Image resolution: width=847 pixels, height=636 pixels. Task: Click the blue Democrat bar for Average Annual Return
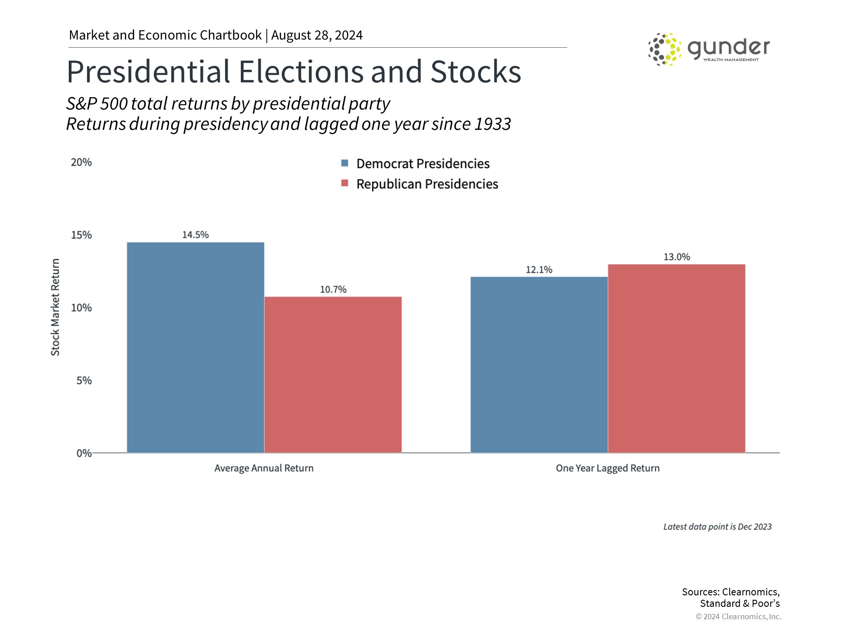point(195,347)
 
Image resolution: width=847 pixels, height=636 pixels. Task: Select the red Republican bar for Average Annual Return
point(333,375)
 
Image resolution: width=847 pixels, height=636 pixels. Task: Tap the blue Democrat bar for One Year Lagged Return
point(539,364)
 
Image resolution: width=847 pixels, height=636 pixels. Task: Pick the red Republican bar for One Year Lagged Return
point(676,358)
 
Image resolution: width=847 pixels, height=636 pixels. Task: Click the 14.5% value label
point(195,235)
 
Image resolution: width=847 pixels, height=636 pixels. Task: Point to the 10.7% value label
point(333,289)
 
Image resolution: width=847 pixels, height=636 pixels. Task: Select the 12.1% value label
point(539,269)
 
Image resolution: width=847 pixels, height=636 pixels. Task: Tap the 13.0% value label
point(677,257)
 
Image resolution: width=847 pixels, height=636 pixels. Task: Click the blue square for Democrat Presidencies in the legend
point(345,163)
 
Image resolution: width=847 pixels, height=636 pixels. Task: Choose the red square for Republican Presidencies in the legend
point(345,183)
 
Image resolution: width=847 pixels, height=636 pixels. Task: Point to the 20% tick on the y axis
point(81,162)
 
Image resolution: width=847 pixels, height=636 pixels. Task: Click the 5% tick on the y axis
point(84,380)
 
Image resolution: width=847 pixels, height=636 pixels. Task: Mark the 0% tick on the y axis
point(84,453)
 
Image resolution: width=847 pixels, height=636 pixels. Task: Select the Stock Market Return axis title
point(55,307)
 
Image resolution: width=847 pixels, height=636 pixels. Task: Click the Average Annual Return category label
point(264,468)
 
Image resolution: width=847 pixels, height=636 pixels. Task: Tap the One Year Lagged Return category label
point(607,468)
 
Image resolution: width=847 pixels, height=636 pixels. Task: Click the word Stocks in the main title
point(475,72)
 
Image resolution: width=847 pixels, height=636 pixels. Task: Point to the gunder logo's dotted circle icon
point(664,49)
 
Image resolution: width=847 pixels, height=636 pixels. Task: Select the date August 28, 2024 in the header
point(317,35)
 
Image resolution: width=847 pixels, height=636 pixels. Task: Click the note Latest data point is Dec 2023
point(717,526)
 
